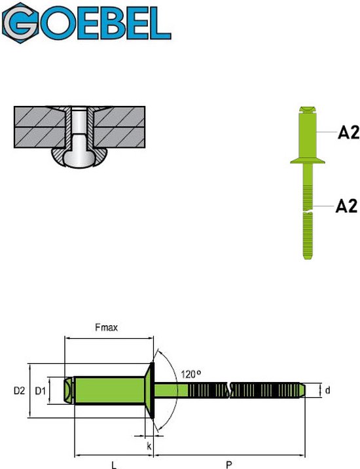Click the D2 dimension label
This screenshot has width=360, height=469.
coord(20,391)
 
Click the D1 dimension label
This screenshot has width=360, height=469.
coord(41,391)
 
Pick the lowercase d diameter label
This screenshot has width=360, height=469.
coord(327,391)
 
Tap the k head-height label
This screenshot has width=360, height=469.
coord(150,445)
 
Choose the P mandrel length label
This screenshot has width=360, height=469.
coord(228,464)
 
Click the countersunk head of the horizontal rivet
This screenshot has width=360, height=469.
coord(151,391)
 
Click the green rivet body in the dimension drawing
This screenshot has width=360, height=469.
coord(108,391)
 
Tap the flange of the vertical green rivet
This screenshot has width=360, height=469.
coord(308,160)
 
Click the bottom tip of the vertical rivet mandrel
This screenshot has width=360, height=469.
coord(308,256)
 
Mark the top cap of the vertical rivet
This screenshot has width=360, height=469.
coord(308,109)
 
